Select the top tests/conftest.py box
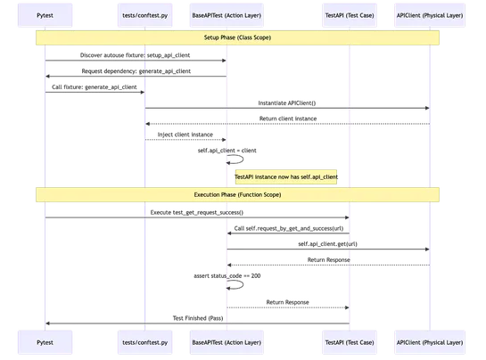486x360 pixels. click(x=144, y=15)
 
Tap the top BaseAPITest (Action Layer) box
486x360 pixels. click(x=227, y=15)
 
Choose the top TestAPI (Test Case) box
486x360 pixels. click(x=349, y=15)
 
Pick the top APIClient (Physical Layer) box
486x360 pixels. click(x=429, y=15)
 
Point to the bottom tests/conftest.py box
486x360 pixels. click(x=144, y=341)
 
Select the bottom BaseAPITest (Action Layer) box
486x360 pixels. click(x=227, y=341)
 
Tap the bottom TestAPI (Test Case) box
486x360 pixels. click(x=349, y=341)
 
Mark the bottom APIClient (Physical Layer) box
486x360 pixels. click(x=429, y=341)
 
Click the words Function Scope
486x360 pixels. click(x=259, y=193)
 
